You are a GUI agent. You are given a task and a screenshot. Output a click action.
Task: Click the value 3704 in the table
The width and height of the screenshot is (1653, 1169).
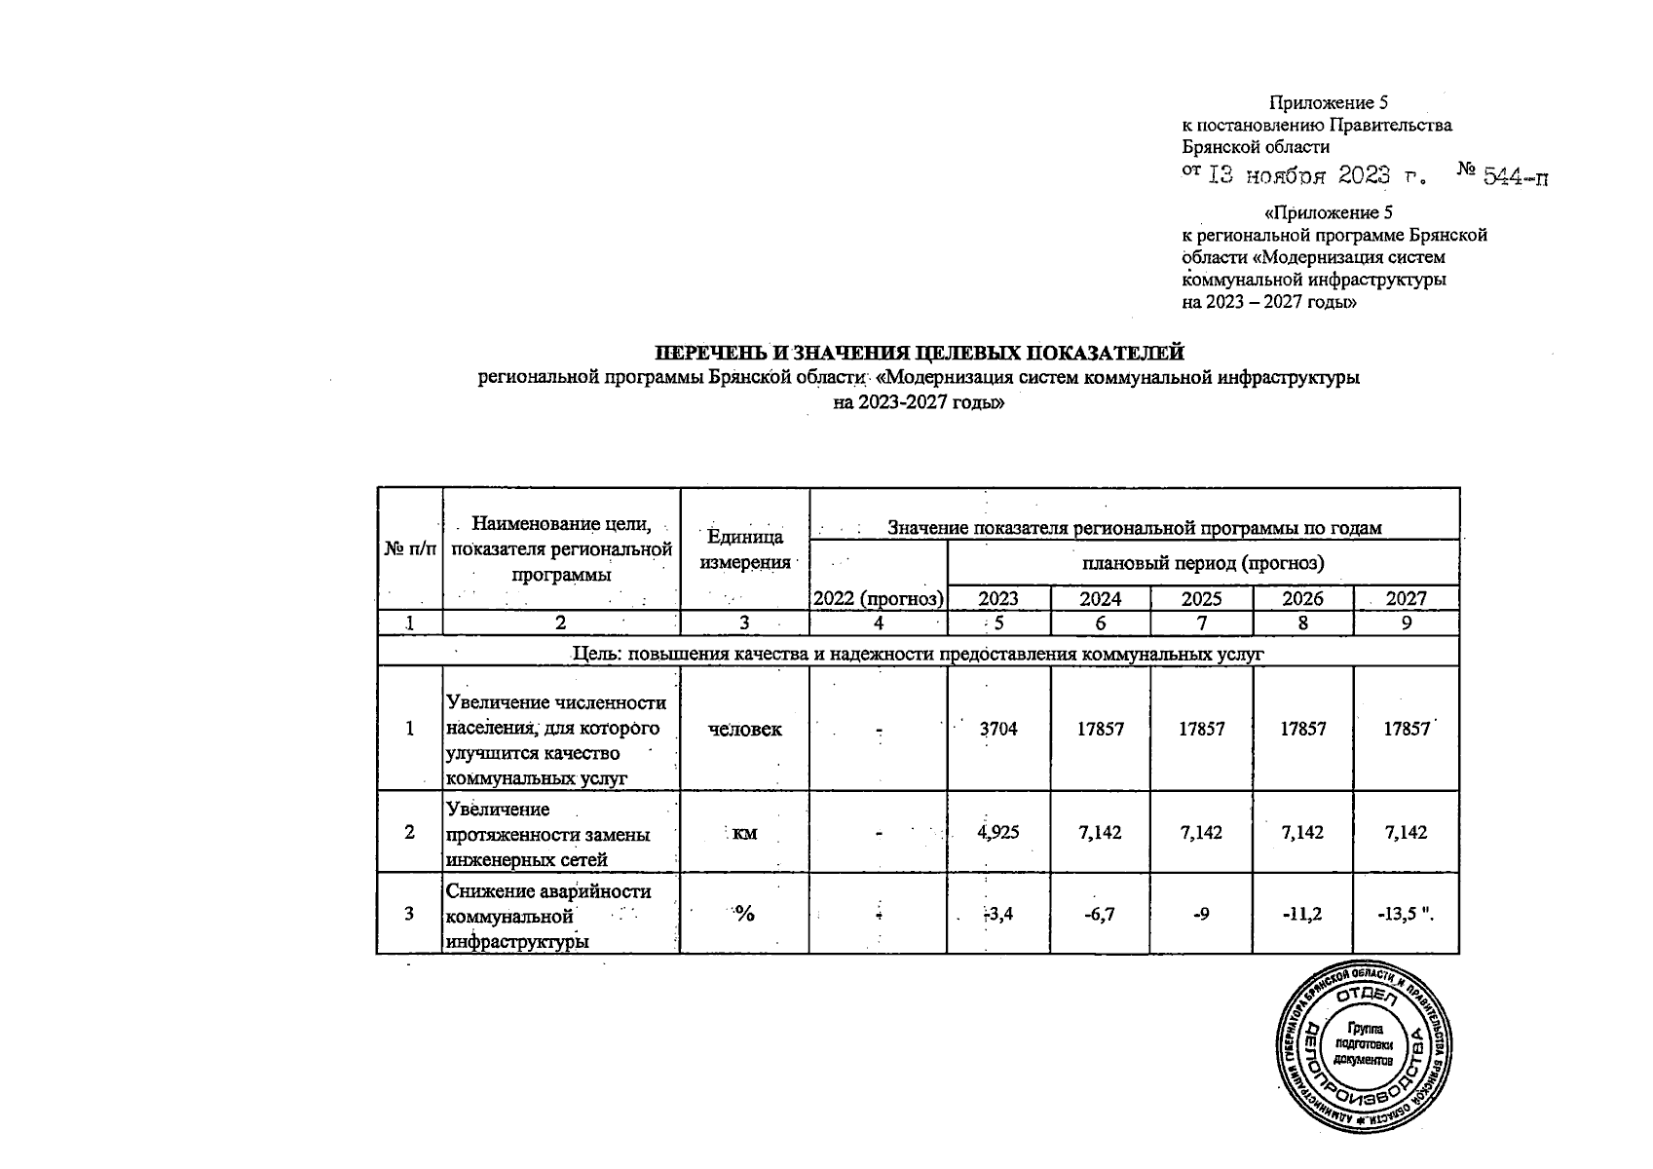pos(998,729)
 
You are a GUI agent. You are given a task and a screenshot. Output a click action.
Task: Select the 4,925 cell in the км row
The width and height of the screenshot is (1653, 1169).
pos(998,833)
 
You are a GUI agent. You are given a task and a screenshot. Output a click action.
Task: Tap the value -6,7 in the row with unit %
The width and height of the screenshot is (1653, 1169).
pos(1100,914)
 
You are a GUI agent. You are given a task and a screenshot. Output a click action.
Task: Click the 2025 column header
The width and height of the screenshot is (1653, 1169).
pos(1201,599)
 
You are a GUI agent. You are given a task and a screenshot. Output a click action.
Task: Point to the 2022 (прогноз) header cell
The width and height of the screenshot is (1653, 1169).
pos(878,599)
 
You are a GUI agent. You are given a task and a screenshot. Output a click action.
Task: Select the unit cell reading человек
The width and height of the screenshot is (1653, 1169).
pos(744,729)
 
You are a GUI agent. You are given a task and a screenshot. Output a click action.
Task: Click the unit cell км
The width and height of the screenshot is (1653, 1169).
pos(744,833)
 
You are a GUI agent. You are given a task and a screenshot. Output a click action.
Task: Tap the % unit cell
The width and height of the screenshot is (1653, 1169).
pos(744,914)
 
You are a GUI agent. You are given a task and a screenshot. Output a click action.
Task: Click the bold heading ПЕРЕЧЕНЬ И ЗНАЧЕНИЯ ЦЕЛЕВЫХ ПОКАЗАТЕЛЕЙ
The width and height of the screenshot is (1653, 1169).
pos(919,353)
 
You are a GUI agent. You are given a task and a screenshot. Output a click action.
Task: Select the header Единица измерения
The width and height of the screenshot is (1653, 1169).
pos(744,550)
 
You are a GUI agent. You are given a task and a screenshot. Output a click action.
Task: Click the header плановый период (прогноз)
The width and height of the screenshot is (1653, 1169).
pos(1202,563)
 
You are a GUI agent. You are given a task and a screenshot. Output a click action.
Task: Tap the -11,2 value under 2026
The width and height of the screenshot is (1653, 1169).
pos(1302,914)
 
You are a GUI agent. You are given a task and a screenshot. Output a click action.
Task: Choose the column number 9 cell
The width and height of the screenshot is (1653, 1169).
pos(1406,623)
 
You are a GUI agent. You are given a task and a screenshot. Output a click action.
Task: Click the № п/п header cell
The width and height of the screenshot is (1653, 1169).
pos(409,550)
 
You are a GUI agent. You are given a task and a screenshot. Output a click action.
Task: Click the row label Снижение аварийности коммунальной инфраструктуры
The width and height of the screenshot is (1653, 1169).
pos(549,916)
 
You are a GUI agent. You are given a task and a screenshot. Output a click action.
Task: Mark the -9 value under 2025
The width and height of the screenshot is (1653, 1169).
pos(1201,914)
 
